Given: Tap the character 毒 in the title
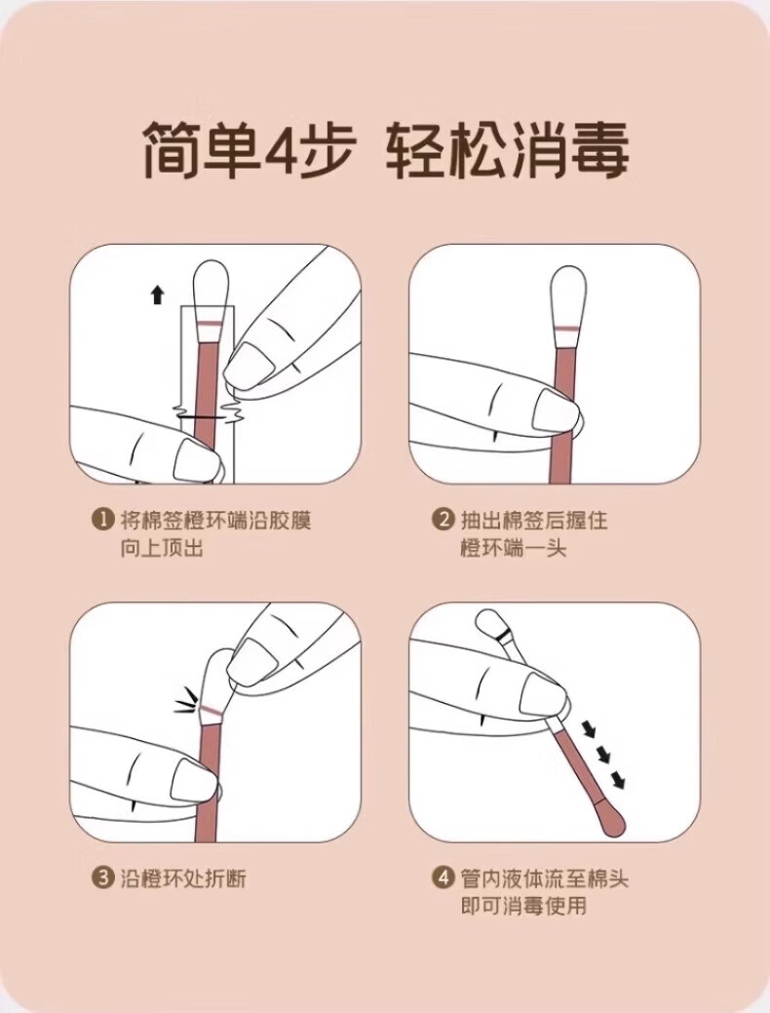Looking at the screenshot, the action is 598,152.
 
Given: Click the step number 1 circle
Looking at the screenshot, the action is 103,519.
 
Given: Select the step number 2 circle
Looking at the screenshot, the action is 443,519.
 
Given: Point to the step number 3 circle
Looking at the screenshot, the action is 103,878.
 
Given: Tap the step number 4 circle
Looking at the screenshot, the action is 443,878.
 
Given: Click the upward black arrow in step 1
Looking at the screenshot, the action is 157,295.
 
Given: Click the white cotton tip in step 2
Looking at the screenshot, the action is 568,292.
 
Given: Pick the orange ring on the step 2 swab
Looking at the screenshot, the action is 568,329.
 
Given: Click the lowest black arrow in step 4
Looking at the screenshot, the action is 617,780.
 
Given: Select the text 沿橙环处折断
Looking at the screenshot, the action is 183,878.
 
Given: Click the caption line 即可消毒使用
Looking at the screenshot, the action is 523,905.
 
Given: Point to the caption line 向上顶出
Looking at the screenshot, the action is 162,548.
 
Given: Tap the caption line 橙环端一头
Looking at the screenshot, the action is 513,548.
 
